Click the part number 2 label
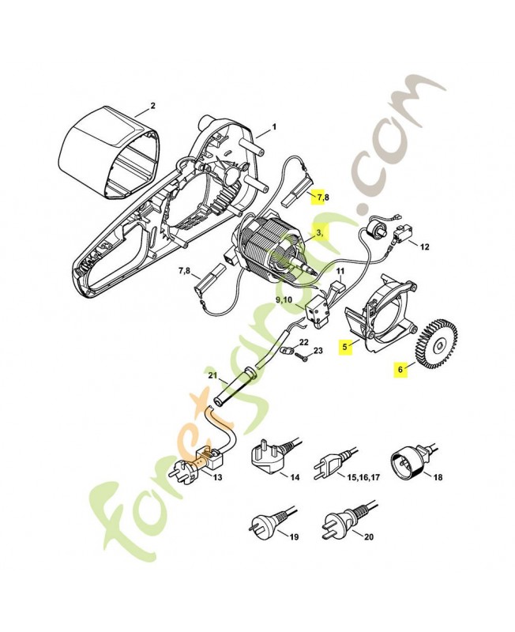coord(152,106)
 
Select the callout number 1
coord(274,127)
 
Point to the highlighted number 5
coord(344,346)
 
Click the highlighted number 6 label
coord(400,369)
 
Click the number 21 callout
coord(212,376)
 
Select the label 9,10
coord(284,299)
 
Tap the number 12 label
coord(425,246)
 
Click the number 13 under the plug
coord(217,478)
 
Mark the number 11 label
coord(340,271)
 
